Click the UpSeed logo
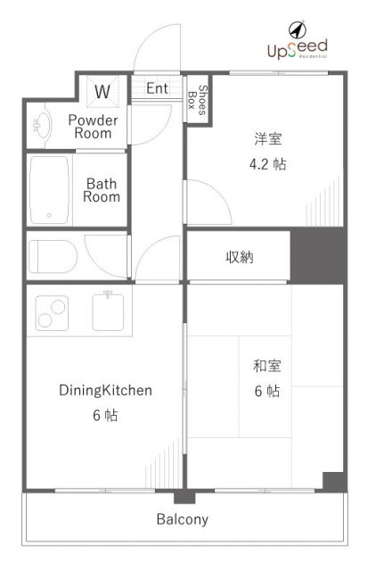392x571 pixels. click(x=297, y=44)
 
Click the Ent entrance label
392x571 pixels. click(x=157, y=88)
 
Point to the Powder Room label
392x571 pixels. click(x=93, y=127)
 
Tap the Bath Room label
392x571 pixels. click(x=101, y=190)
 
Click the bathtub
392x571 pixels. click(x=50, y=189)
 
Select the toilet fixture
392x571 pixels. click(x=53, y=256)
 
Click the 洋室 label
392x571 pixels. click(x=268, y=139)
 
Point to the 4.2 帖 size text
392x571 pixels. click(x=268, y=164)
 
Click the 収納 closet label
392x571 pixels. click(x=240, y=258)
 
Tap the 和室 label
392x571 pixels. click(x=268, y=365)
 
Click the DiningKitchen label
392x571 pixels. click(x=106, y=390)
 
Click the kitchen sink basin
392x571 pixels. click(x=110, y=312)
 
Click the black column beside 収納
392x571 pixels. click(x=318, y=256)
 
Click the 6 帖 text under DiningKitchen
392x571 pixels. click(x=106, y=416)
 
